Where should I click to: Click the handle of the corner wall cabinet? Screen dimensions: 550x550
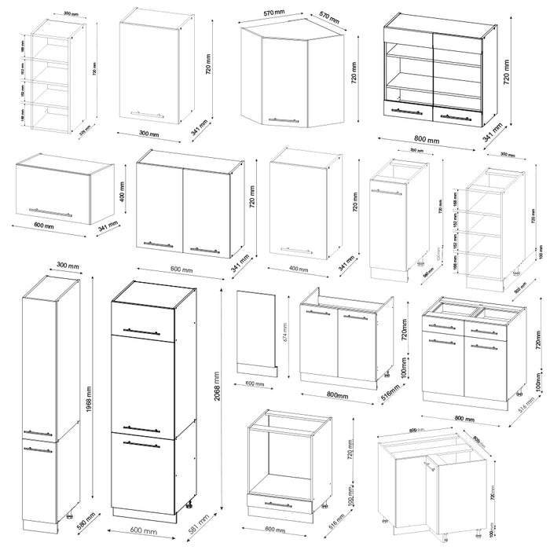pos(283,120)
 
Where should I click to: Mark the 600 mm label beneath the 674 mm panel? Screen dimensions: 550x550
pos(255,383)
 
